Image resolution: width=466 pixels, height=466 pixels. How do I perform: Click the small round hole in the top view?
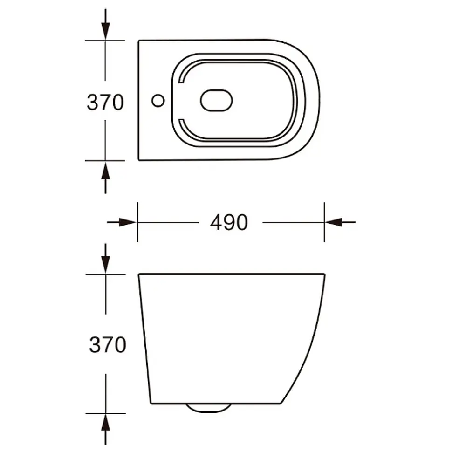pyautogui.click(x=159, y=100)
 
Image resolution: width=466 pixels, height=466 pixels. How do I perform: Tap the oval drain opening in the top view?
pyautogui.click(x=217, y=100)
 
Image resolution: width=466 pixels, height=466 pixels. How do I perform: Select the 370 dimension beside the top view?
pyautogui.click(x=105, y=103)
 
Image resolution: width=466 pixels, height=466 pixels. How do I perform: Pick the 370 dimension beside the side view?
pyautogui.click(x=108, y=345)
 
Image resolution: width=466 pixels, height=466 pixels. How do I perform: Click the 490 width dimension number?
pyautogui.click(x=229, y=223)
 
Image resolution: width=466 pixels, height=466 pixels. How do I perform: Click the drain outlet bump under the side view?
pyautogui.click(x=208, y=408)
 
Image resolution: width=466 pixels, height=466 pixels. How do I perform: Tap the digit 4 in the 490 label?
pyautogui.click(x=216, y=223)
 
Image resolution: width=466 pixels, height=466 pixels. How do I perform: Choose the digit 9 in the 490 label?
pyautogui.click(x=229, y=223)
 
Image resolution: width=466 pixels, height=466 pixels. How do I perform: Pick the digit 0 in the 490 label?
pyautogui.click(x=241, y=223)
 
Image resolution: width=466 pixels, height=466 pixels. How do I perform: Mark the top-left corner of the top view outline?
pyautogui.click(x=139, y=42)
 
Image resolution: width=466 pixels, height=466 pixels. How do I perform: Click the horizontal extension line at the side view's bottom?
pyautogui.click(x=106, y=413)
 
